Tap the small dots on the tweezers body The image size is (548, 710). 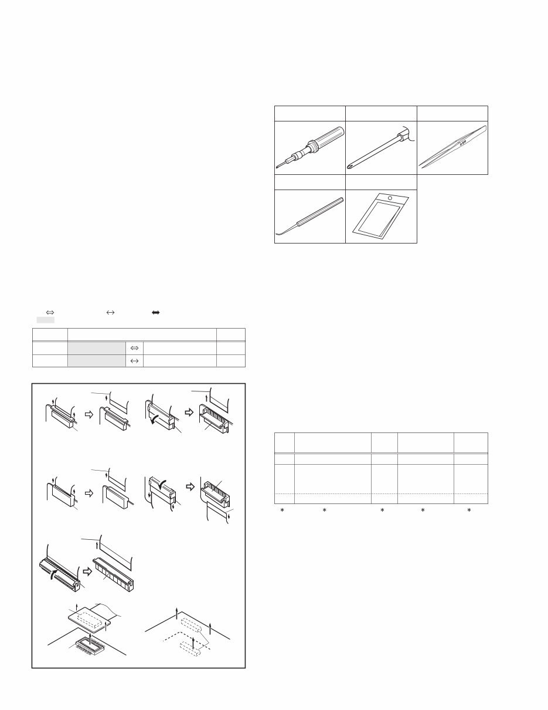(462, 141)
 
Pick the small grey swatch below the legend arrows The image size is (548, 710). (46, 321)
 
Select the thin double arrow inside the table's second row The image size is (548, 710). (134, 360)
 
